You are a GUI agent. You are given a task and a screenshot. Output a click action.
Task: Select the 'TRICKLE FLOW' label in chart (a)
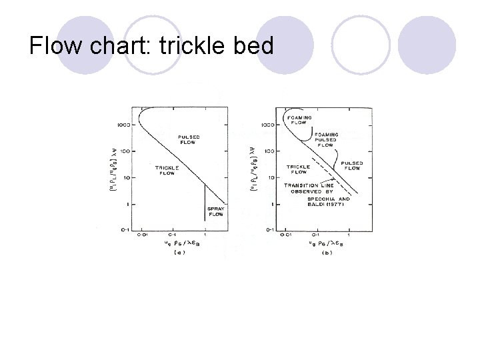[x=165, y=171]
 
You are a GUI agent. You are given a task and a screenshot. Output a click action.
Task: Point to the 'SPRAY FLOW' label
[x=216, y=211]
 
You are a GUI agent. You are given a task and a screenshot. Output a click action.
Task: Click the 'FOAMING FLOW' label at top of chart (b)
[x=299, y=120]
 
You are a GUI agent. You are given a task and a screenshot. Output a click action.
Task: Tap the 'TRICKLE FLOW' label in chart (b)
[x=298, y=169]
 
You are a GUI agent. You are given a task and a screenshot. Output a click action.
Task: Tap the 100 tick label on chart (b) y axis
[x=267, y=151]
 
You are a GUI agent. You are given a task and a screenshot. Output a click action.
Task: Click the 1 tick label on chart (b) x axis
[x=349, y=235]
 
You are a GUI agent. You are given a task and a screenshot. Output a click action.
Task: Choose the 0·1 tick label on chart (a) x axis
[x=172, y=235]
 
